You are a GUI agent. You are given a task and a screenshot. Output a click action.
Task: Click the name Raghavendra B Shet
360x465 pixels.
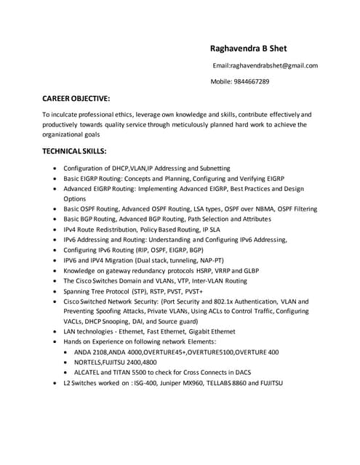(248, 49)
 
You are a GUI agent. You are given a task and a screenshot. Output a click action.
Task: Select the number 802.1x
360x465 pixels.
(229, 301)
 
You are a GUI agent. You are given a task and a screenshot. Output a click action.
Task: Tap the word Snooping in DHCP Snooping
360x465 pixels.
(120, 321)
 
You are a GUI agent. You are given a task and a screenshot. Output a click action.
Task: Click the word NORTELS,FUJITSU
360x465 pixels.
(110, 362)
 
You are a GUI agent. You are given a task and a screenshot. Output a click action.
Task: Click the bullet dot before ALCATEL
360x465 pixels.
(68, 372)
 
